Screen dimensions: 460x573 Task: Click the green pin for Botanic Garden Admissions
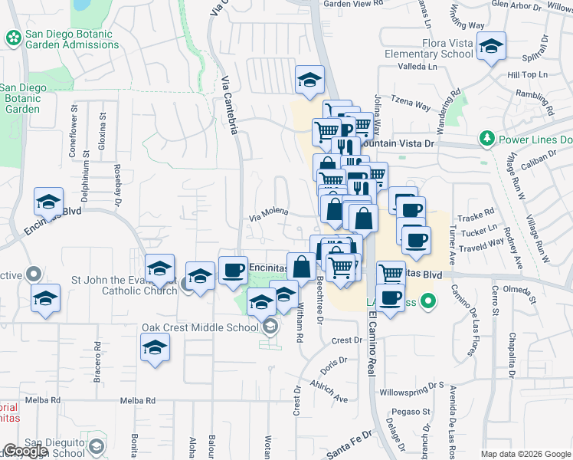[12, 37]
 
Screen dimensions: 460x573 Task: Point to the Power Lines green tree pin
[486, 140]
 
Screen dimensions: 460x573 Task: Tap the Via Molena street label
[268, 215]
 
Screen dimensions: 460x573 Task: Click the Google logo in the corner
[25, 451]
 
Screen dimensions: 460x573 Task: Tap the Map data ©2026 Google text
[525, 454]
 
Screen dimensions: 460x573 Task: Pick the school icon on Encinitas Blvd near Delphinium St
[48, 202]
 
